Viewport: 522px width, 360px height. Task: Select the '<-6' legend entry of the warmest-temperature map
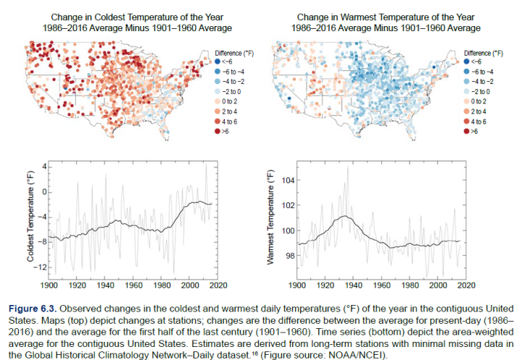(473, 62)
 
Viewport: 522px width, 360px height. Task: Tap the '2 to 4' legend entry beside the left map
(226, 112)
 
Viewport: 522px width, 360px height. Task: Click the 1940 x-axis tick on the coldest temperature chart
(105, 285)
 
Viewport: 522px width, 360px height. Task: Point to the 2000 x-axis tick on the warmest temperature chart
(438, 285)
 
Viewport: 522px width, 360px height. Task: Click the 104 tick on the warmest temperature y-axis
(288, 180)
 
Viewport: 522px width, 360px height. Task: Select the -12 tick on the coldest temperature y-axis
(40, 267)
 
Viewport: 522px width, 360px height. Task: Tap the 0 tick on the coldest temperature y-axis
(45, 192)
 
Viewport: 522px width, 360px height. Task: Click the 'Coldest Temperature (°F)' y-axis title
(30, 217)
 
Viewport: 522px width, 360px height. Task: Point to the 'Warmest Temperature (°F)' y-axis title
(270, 217)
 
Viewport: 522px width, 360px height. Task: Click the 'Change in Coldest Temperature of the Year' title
(137, 17)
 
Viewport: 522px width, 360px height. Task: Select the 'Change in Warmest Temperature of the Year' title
(386, 17)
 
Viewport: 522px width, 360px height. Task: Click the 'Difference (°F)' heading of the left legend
(234, 53)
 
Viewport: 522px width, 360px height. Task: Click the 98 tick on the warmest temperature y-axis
(290, 256)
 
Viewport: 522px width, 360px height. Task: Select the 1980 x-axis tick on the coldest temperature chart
(162, 285)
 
